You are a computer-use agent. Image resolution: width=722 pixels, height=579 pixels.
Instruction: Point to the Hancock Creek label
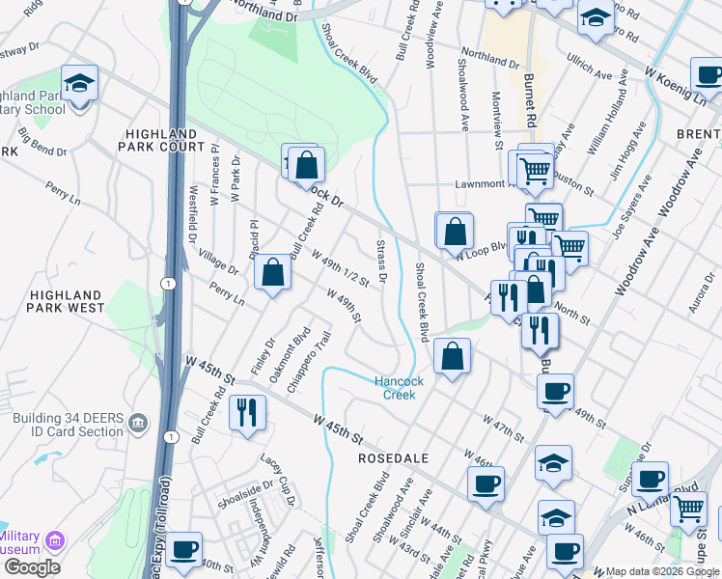pyautogui.click(x=400, y=387)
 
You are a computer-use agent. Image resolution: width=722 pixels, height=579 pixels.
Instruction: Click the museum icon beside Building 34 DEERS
pyautogui.click(x=137, y=423)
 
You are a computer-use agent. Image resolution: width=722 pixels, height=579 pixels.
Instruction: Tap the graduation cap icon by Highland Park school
pyautogui.click(x=79, y=82)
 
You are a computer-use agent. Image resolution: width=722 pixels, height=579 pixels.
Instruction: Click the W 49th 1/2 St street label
pyautogui.click(x=342, y=267)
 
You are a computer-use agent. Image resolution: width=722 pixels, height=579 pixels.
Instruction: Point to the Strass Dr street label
pyautogui.click(x=382, y=262)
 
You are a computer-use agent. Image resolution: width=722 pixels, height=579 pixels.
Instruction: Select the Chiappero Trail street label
pyautogui.click(x=317, y=354)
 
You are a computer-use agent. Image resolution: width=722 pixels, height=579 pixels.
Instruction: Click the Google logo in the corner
pyautogui.click(x=31, y=566)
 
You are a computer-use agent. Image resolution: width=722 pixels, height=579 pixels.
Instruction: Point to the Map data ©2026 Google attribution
pyautogui.click(x=661, y=571)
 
